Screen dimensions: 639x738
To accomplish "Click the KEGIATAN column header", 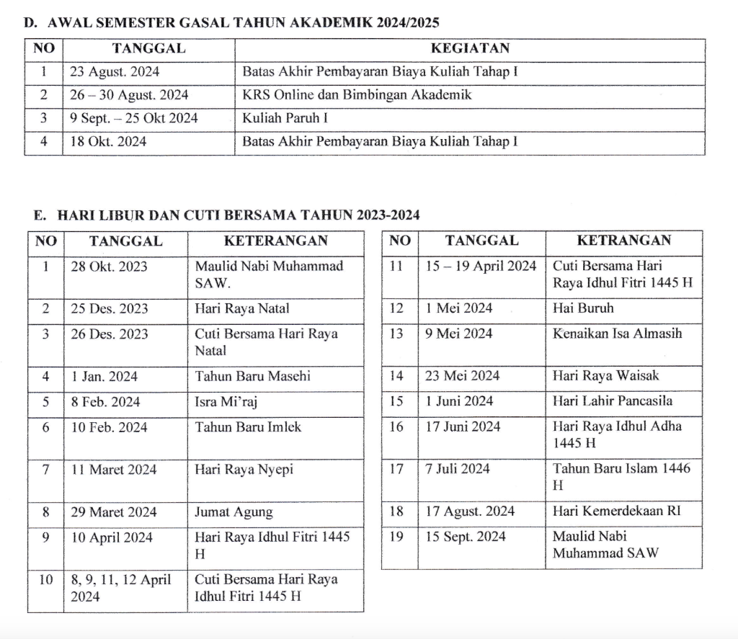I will (469, 49).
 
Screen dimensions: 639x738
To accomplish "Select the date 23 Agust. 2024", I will (115, 72).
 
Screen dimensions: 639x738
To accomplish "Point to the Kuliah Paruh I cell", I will (285, 118).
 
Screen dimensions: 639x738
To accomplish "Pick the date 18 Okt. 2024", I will (108, 142).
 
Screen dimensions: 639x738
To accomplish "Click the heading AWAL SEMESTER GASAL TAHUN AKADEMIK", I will (231, 22).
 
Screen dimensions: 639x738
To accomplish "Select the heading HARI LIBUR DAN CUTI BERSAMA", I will (227, 215).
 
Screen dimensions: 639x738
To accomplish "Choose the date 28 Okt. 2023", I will (109, 267).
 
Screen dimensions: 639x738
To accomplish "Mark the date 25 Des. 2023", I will (110, 309).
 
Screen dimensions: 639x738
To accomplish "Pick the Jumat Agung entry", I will (234, 512).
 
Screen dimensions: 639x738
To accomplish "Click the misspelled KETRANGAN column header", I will (623, 241).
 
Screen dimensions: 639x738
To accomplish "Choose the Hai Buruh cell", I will (583, 308).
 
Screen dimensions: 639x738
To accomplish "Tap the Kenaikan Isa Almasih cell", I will (617, 334).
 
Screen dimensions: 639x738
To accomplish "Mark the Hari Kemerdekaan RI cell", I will (616, 511).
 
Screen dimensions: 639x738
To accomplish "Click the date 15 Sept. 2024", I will (466, 537).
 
